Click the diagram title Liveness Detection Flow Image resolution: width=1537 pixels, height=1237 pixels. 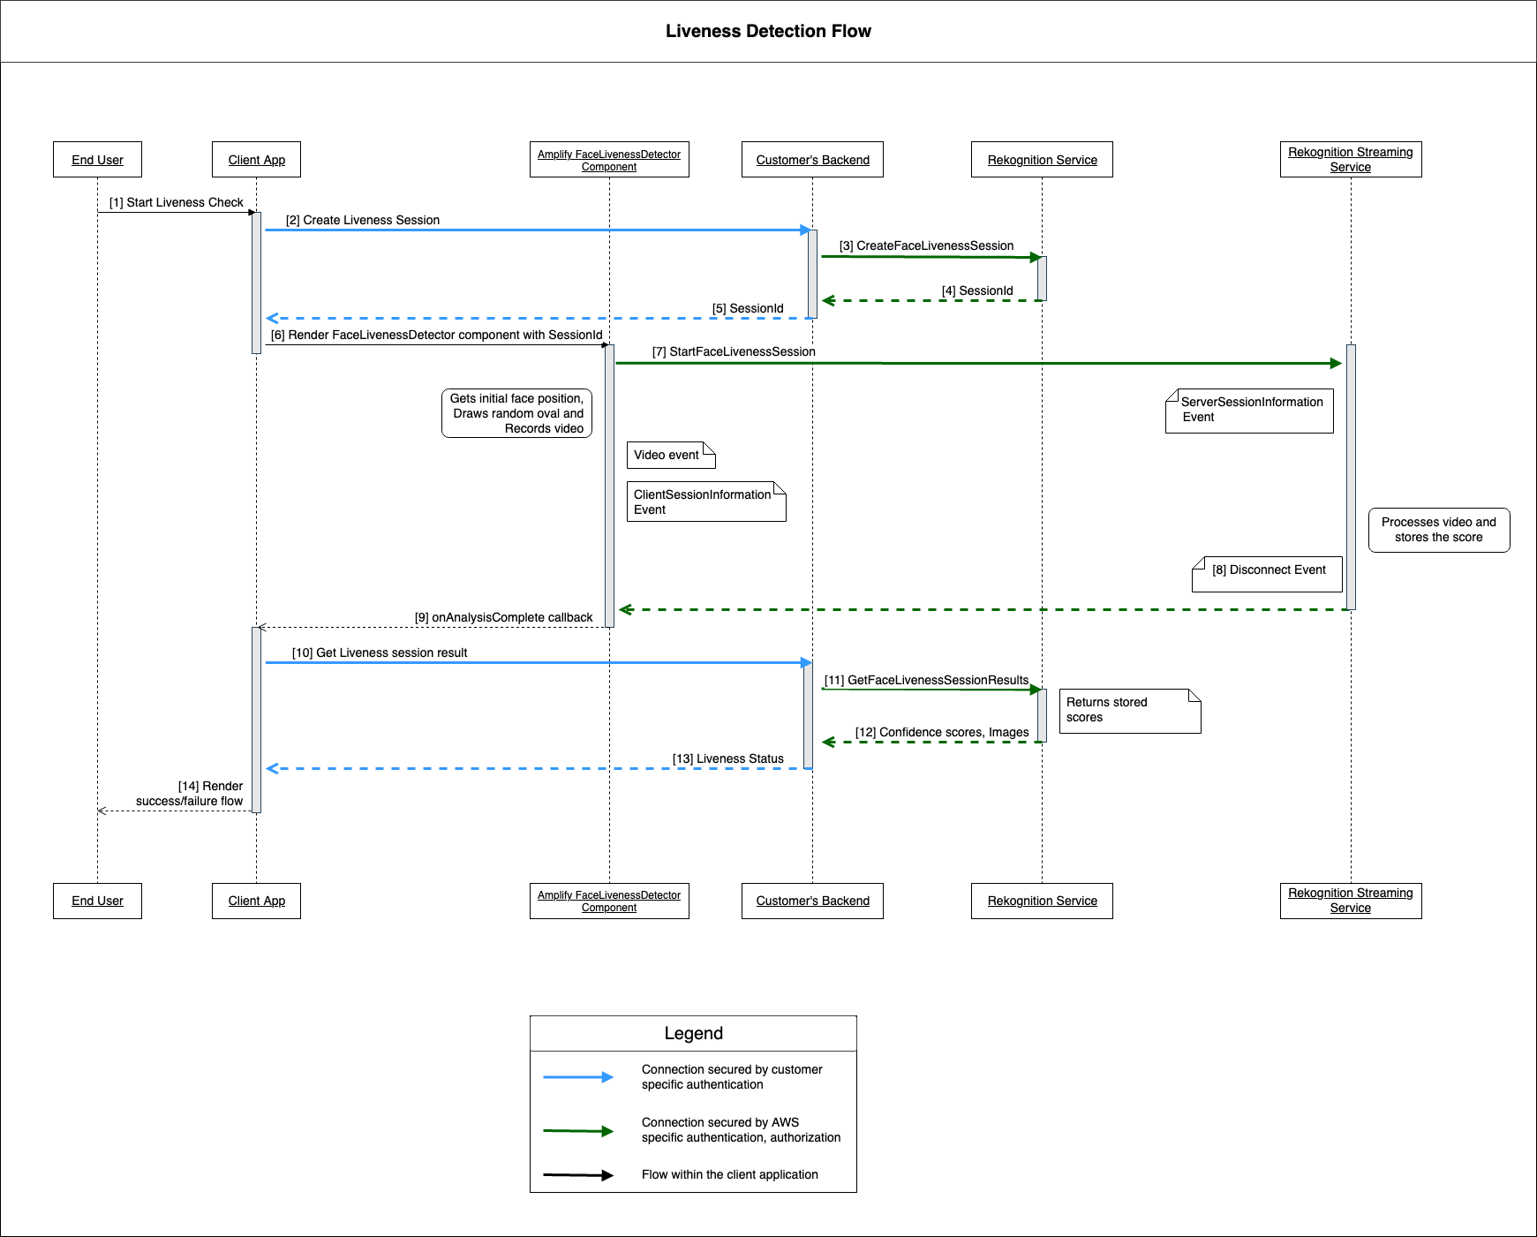click(768, 32)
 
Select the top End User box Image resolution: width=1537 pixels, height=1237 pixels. click(97, 160)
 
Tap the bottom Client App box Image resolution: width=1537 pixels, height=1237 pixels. click(256, 901)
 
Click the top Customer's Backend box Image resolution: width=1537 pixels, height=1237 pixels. click(812, 160)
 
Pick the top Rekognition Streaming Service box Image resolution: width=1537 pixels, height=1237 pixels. click(1350, 160)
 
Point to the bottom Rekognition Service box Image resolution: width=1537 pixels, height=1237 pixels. click(1042, 901)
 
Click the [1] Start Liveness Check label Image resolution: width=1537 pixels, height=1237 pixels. click(176, 202)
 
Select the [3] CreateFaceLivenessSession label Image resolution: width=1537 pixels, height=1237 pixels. click(926, 245)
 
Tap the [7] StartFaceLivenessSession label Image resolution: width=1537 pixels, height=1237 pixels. click(734, 351)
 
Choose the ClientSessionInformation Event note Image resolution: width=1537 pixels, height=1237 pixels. click(705, 502)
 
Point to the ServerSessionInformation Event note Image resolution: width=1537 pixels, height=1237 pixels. click(1249, 410)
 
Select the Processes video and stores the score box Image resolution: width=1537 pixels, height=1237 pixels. click(1438, 530)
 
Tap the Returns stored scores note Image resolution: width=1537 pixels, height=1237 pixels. click(1129, 710)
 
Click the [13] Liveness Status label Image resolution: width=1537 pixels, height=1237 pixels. click(727, 758)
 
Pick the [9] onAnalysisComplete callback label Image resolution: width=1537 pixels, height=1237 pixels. click(503, 617)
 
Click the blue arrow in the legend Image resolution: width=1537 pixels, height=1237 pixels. click(577, 1077)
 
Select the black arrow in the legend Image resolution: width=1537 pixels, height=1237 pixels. click(577, 1175)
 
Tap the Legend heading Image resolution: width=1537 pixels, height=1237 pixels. click(693, 1033)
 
